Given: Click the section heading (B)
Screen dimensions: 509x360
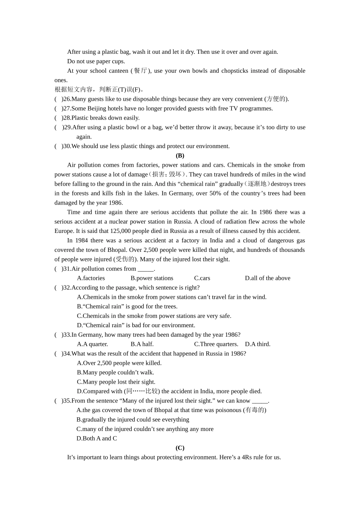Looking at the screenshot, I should pos(180,156).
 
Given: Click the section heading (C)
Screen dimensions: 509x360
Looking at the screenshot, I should pos(180,448).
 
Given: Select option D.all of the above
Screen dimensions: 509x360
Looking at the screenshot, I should pos(268,278).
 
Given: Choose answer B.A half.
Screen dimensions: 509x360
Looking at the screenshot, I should pos(142,344).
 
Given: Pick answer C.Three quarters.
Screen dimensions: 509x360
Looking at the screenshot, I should pos(216,344).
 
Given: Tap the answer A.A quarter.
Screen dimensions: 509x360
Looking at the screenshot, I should pos(92,344).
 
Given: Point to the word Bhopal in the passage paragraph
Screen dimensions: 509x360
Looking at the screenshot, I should pos(116,250).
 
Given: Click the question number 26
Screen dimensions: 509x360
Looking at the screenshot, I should pos(67,99).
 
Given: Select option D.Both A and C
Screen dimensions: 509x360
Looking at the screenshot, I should pos(97,439).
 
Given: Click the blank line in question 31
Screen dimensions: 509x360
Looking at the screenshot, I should pos(146,269).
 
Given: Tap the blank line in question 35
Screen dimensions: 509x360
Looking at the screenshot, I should pos(260,401).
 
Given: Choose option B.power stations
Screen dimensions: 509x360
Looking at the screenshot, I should pos(152,278).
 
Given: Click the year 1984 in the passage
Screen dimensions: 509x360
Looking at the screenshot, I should pos(81,240).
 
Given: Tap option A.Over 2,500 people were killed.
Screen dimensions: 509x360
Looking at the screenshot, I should pos(119,363).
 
